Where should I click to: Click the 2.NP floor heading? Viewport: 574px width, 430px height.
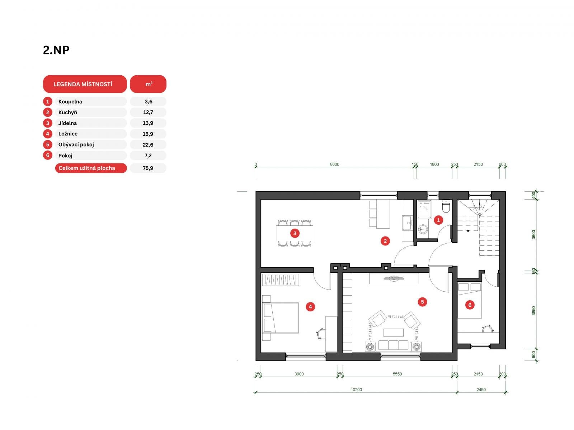point(56,50)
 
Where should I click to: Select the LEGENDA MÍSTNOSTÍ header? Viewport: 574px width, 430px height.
point(83,84)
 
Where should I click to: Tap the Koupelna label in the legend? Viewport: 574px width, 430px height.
point(70,101)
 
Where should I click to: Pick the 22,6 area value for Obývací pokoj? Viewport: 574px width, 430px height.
point(148,145)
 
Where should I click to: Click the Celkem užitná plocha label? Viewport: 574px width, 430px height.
point(86,168)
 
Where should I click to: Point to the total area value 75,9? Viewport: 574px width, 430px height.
point(148,168)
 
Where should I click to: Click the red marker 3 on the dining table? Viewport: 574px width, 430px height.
point(295,233)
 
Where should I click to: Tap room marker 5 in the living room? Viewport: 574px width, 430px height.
point(422,302)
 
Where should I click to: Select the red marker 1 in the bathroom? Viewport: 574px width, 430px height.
point(438,220)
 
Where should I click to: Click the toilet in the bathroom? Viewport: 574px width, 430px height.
point(446,206)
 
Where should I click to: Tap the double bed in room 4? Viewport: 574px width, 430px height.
point(281,318)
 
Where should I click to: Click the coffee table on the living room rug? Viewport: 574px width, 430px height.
point(393,333)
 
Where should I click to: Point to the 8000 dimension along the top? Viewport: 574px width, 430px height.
point(334,164)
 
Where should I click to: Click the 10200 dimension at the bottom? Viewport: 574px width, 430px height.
point(356,390)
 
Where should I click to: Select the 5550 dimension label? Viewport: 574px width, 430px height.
point(397,374)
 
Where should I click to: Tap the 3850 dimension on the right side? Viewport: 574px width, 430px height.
point(533,311)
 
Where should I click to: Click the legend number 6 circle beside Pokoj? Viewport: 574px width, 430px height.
point(48,156)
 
